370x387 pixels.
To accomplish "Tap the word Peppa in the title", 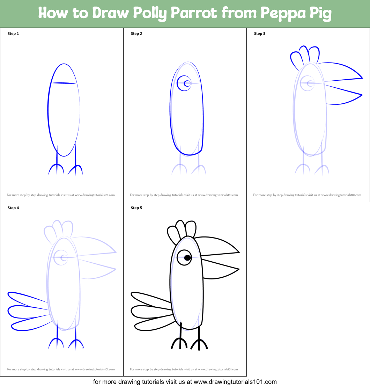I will (x=283, y=13).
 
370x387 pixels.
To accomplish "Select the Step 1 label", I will (x=13, y=34).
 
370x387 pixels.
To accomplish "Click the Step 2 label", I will (x=136, y=34).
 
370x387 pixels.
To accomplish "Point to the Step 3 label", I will (x=260, y=34).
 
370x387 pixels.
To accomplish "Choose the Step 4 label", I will (x=13, y=208).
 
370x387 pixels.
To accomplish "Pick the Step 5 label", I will (x=136, y=208).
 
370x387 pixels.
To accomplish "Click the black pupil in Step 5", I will (x=187, y=258).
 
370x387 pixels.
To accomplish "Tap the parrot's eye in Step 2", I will (x=184, y=83).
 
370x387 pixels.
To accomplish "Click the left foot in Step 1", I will (x=56, y=169).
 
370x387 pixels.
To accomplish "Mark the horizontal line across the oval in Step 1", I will (x=64, y=83).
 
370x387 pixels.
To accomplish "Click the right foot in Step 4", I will (x=76, y=344).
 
